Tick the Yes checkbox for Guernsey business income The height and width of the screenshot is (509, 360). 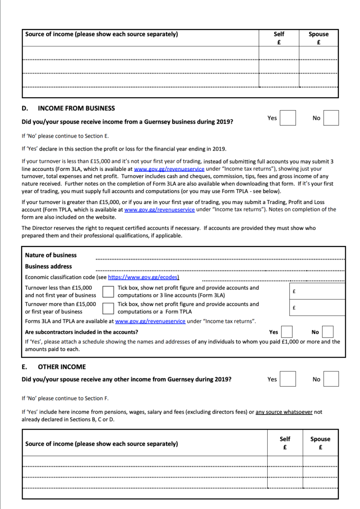(288, 118)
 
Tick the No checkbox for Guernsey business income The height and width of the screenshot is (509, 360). (331, 118)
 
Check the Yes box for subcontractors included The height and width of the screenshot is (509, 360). (287, 332)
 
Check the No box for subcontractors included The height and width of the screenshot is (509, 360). (327, 332)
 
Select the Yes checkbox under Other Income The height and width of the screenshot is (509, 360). (288, 379)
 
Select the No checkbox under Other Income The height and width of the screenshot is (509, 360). (331, 379)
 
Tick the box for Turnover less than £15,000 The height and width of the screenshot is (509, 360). (108, 292)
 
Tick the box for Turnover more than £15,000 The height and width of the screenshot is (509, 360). (108, 308)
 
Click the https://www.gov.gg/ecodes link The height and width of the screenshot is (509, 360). (144, 277)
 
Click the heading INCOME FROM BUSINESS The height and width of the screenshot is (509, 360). (76, 108)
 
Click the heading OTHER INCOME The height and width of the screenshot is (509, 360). (62, 367)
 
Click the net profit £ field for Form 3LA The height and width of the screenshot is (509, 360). (317, 292)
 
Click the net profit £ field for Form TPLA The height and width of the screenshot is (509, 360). (317, 308)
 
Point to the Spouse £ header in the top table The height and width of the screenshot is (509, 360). (318, 38)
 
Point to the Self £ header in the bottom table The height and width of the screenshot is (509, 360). (285, 443)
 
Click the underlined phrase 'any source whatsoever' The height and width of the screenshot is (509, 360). (284, 412)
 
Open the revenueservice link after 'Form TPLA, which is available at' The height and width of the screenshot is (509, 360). (159, 209)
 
